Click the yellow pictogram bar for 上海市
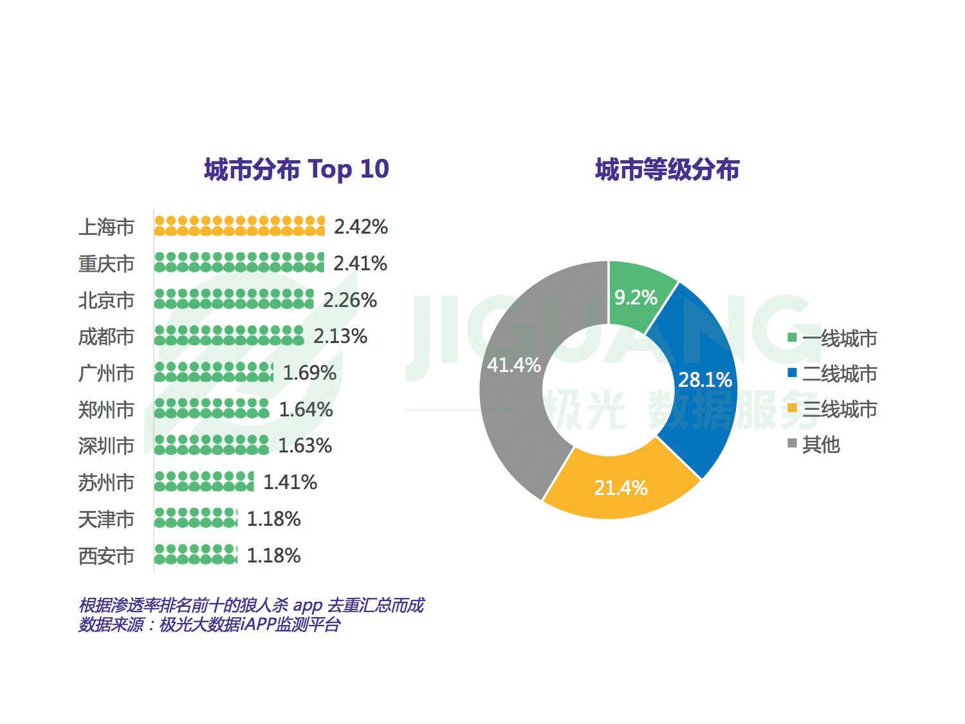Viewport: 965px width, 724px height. click(239, 226)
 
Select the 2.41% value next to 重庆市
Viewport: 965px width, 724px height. click(360, 263)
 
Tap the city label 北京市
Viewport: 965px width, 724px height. click(106, 301)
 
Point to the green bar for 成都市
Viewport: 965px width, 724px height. click(229, 336)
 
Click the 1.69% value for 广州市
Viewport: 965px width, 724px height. click(309, 373)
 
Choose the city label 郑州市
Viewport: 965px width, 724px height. click(106, 410)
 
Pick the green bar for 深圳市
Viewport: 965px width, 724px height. click(212, 445)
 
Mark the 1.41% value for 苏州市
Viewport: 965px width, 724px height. click(290, 482)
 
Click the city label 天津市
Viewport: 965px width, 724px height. click(106, 519)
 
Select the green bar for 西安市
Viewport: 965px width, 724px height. click(196, 555)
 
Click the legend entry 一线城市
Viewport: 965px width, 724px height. click(839, 339)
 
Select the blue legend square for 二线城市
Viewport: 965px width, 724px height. click(792, 373)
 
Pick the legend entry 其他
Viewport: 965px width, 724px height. click(821, 445)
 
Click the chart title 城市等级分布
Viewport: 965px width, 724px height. click(667, 170)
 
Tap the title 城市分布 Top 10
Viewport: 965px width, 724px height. click(297, 169)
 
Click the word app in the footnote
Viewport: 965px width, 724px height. click(308, 606)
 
